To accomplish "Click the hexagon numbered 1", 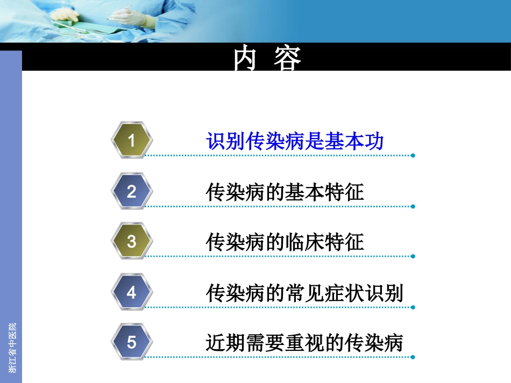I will point(132,141).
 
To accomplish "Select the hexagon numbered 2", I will point(132,192).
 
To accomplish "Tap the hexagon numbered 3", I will point(132,242).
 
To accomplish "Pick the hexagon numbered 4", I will point(132,293).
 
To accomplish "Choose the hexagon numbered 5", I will point(132,342).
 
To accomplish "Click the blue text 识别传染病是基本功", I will point(295,141).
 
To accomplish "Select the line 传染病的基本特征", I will point(285,192).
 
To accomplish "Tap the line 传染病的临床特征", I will point(285,242).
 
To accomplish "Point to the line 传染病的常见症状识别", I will point(304,293).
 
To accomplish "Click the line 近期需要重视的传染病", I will point(304,343).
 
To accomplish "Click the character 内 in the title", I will point(246,59).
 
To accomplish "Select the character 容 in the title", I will point(287,59).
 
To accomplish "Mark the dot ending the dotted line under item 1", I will point(413,156).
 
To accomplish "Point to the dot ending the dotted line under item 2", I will point(413,206).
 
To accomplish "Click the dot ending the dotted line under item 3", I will point(413,256).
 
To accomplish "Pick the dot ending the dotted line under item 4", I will point(413,307).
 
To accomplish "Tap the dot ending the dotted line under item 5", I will point(413,357).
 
